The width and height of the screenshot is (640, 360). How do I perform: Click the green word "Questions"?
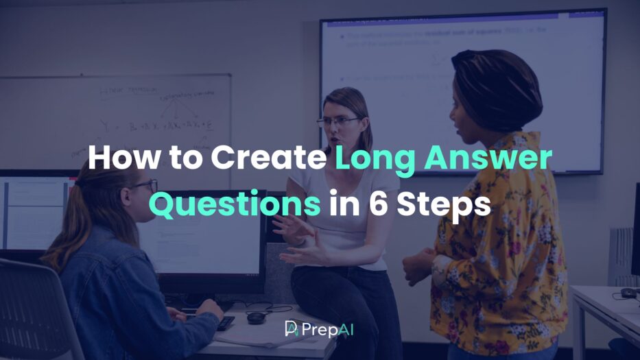(x=235, y=204)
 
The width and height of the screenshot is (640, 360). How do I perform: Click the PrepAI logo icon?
(x=292, y=328)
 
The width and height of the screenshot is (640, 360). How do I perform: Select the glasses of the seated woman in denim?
(x=145, y=185)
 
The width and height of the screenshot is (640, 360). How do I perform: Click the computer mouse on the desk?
(x=256, y=317)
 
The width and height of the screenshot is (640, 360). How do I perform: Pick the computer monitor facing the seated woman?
(x=206, y=233)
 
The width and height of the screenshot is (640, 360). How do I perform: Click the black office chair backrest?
(x=34, y=309)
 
